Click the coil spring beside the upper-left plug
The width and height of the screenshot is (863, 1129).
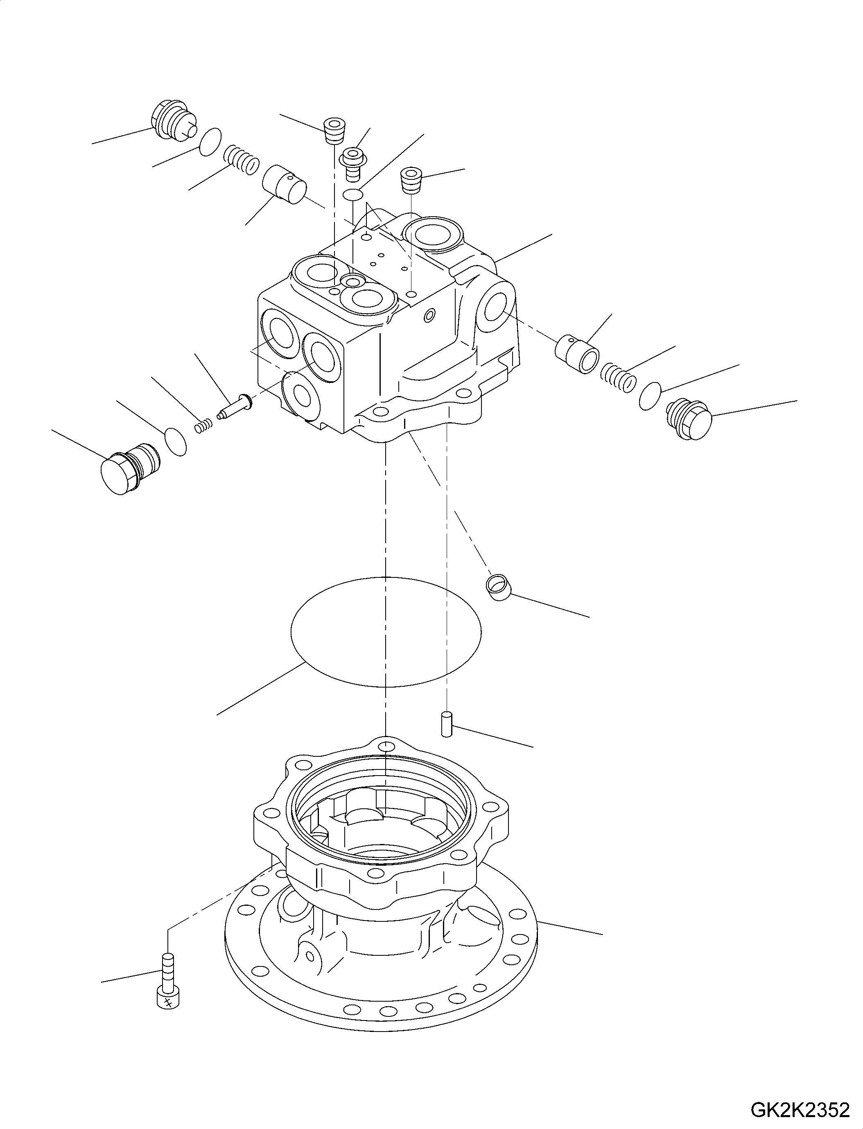[241, 159]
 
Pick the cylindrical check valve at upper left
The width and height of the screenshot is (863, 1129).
[284, 184]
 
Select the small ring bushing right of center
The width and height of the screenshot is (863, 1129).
[498, 586]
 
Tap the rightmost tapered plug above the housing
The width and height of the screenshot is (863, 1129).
[411, 180]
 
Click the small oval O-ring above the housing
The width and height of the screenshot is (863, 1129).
[353, 194]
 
